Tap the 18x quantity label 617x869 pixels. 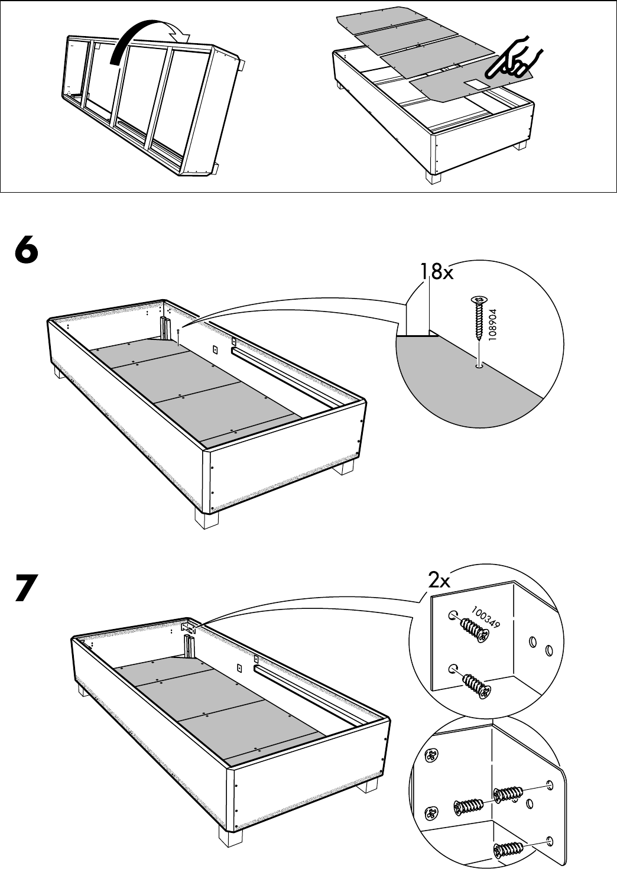tap(436, 272)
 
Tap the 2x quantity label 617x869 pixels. tap(439, 581)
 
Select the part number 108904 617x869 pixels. tap(493, 326)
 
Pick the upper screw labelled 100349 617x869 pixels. tap(473, 630)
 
